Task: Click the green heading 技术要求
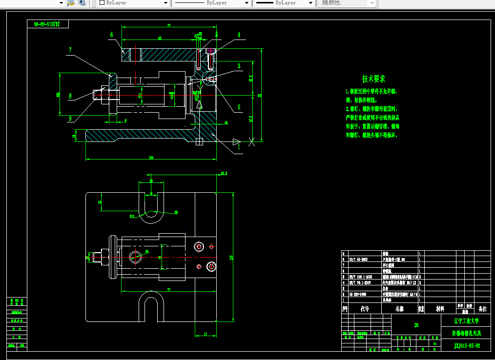pos(374,79)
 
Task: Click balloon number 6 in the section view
pos(111,35)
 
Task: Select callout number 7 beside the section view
pos(70,50)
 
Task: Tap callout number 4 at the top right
pos(239,35)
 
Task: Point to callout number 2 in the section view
pos(239,107)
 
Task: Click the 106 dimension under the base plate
pos(151,157)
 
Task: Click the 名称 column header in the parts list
pos(400,309)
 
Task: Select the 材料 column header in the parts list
pos(440,309)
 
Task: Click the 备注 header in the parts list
pos(482,309)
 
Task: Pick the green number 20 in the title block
pos(416,324)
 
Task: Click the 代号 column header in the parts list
pos(365,309)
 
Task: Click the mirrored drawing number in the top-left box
pos(47,24)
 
